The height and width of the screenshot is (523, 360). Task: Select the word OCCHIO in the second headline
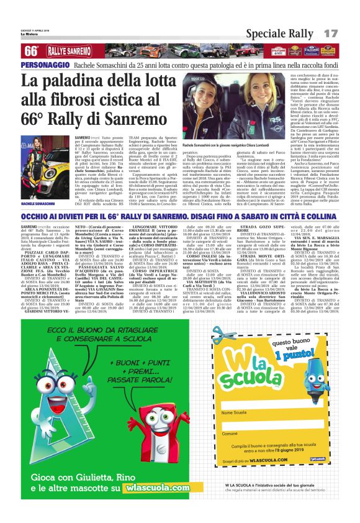click(37, 214)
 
